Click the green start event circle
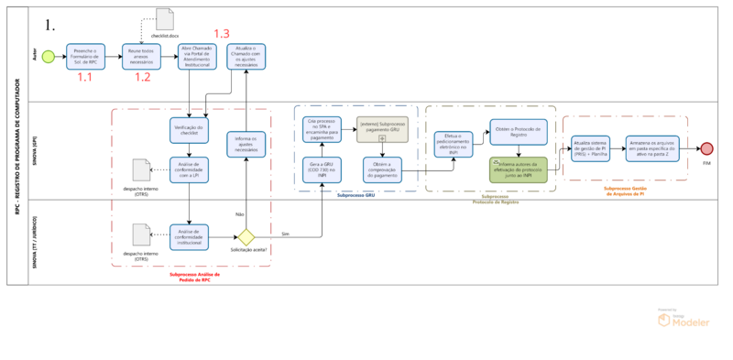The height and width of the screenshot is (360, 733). click(x=48, y=57)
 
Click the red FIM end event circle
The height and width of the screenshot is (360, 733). click(x=706, y=149)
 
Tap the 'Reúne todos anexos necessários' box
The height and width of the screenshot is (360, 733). click(x=141, y=57)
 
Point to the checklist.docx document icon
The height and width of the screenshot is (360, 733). click(x=164, y=19)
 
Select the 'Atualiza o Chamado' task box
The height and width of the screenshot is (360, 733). click(x=246, y=57)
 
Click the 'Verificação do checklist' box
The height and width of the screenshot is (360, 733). click(x=188, y=131)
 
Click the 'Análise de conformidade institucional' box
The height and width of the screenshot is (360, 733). click(x=188, y=235)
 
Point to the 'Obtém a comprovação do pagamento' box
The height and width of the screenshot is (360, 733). click(x=382, y=169)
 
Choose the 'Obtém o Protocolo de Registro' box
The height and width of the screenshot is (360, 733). click(x=518, y=132)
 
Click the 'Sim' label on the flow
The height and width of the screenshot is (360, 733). click(x=285, y=234)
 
